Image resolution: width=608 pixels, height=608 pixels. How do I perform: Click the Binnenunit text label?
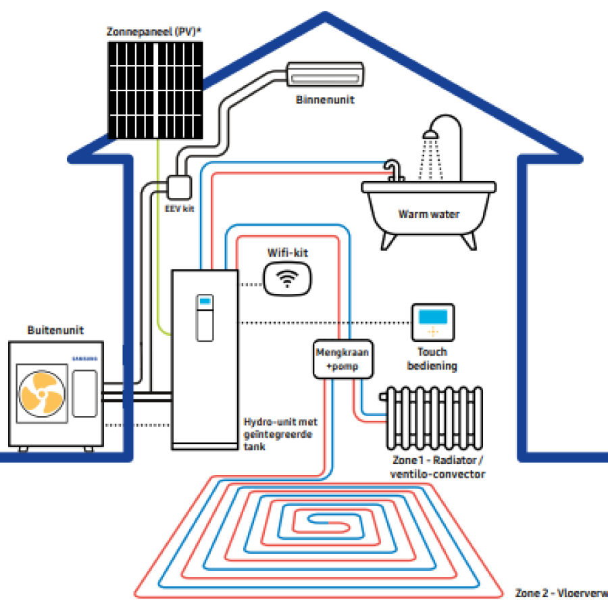(325, 100)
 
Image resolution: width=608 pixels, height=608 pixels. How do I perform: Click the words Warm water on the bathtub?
(429, 214)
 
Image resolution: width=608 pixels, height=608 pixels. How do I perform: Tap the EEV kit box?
(178, 186)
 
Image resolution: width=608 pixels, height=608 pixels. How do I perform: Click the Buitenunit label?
(55, 330)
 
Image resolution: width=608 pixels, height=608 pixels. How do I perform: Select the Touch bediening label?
(432, 359)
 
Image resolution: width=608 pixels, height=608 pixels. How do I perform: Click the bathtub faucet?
(392, 170)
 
